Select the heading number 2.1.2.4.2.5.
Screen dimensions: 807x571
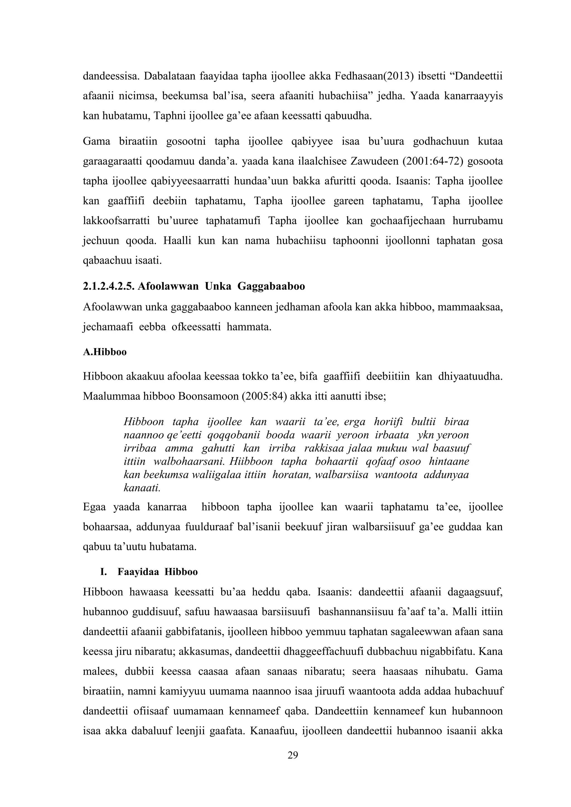coord(108,286)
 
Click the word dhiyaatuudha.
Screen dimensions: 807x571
coord(470,376)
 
